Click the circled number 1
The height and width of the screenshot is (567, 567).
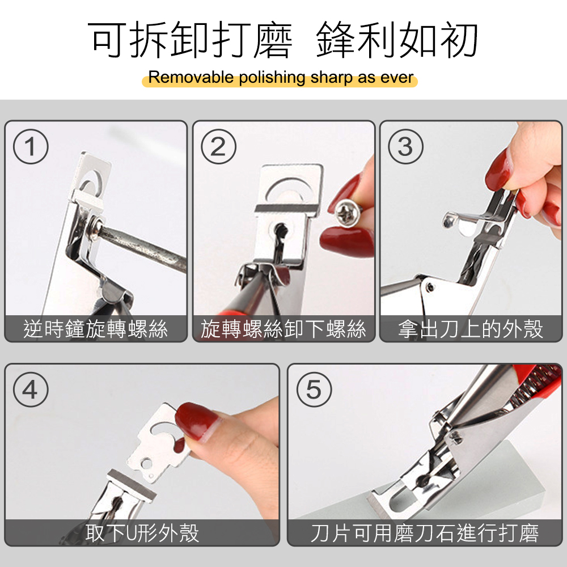pos(31,146)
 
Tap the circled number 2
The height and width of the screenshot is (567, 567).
pos(218,146)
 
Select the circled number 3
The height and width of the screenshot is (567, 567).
pos(405,146)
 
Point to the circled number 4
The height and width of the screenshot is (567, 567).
pos(31,390)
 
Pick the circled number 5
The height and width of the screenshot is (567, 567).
pos(314,390)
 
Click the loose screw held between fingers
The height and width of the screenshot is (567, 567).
pos(348,212)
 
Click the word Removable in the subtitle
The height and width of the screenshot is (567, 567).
pos(191,77)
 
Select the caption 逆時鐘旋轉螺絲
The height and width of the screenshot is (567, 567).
pos(96,329)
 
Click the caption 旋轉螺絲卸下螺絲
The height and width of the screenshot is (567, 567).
pos(283,329)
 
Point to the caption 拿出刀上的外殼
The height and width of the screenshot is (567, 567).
pos(471,329)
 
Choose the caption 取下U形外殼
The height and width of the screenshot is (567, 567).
pos(142,532)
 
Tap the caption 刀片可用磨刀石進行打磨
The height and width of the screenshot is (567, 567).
pos(425,532)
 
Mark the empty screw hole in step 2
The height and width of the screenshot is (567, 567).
pos(280,230)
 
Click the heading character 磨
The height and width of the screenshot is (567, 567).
pos(273,40)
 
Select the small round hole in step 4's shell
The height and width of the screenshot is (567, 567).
pos(146,463)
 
